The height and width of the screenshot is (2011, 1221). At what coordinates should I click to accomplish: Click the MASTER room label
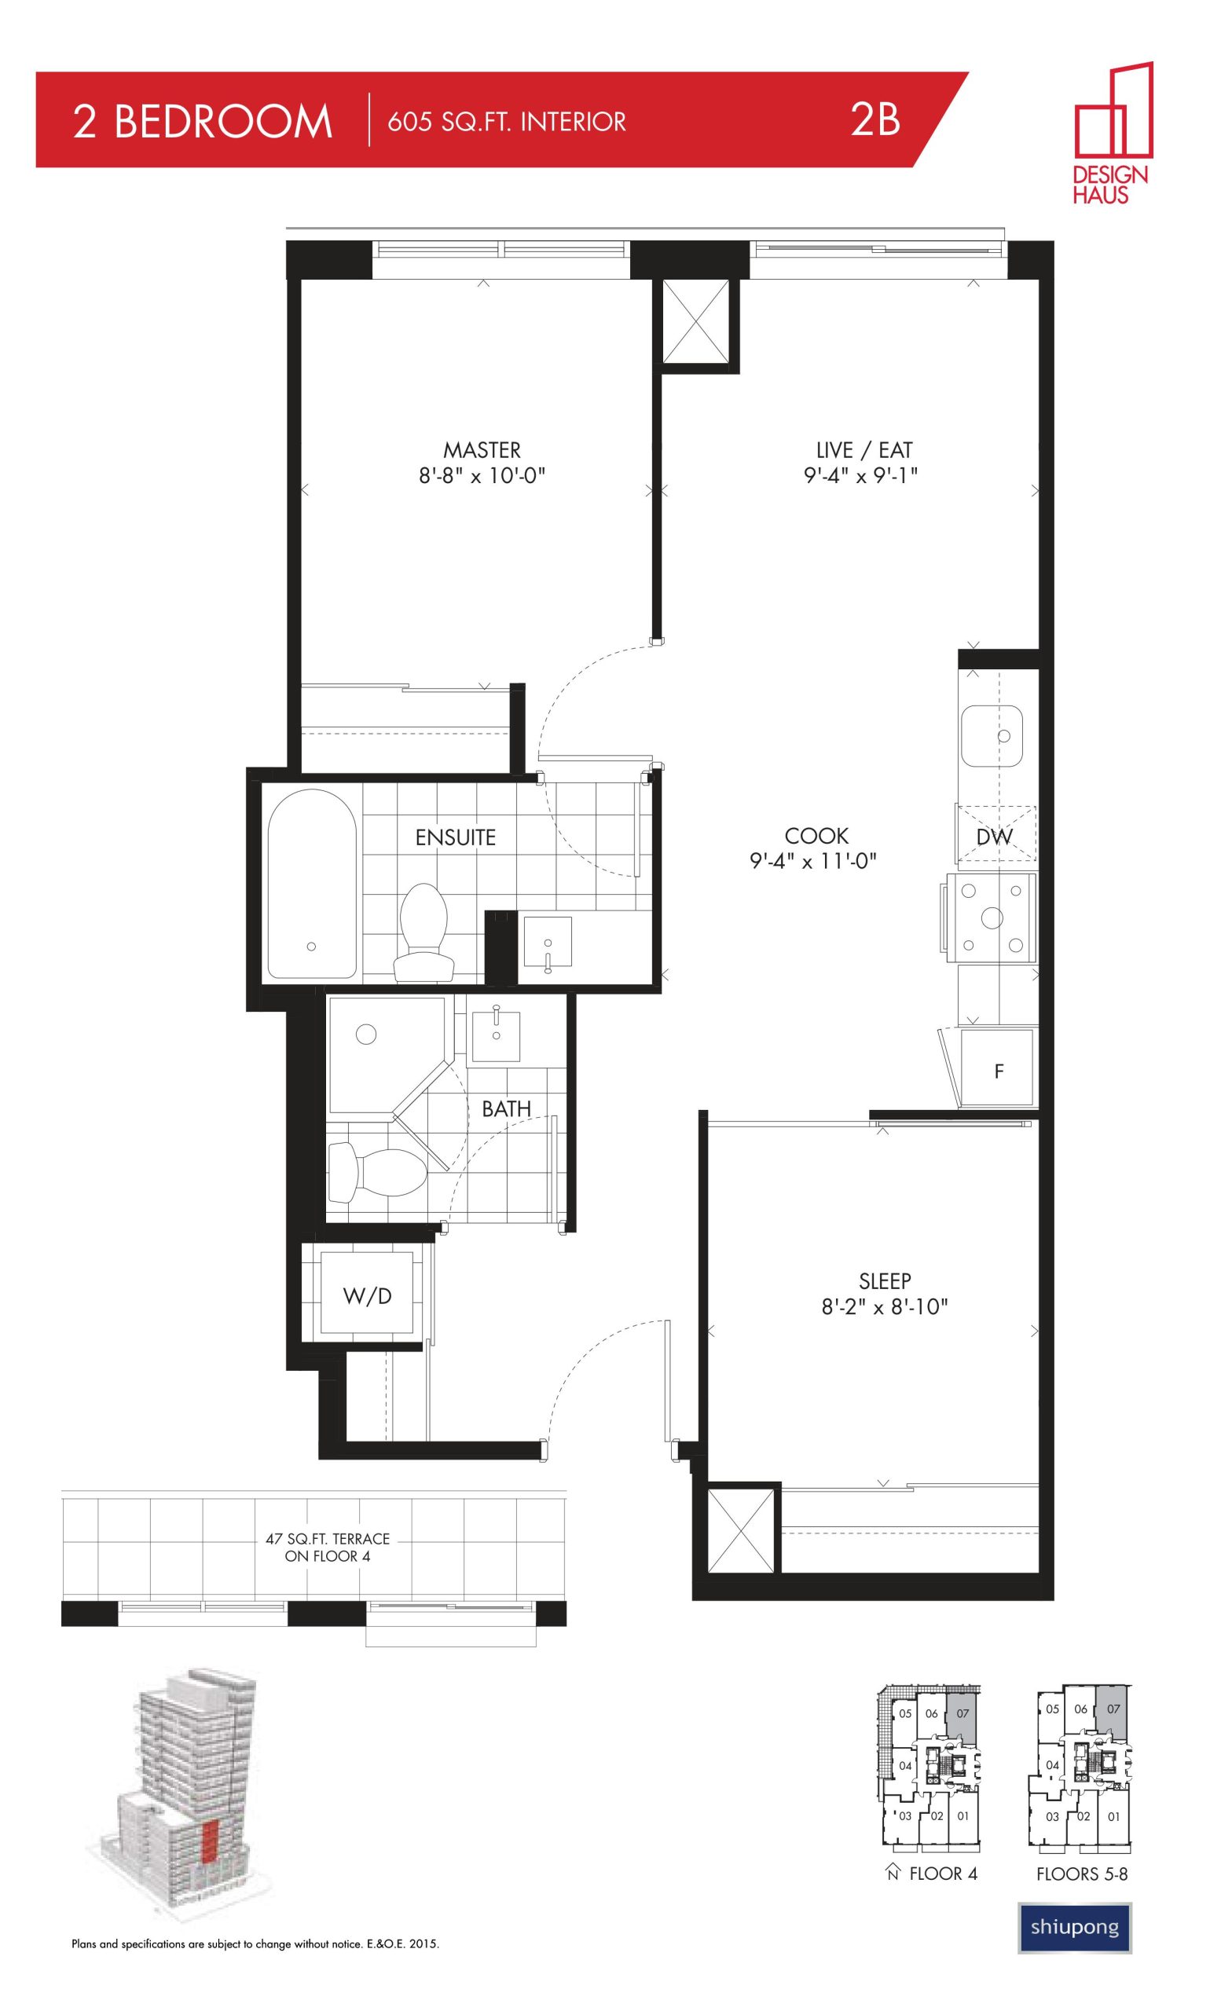(x=482, y=449)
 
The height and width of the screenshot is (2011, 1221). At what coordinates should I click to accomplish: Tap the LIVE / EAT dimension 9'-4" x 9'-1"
(x=861, y=476)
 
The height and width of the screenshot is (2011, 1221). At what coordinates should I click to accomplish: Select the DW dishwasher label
(x=994, y=836)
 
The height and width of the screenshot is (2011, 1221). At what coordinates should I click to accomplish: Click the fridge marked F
(x=996, y=1068)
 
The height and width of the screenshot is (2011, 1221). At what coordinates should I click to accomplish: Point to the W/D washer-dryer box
(x=367, y=1295)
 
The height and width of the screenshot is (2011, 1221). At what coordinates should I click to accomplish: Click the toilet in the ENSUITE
(x=423, y=934)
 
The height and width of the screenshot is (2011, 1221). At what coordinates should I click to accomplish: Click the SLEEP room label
(x=885, y=1281)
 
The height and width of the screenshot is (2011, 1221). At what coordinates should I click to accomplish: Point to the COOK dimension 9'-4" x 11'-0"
(x=813, y=861)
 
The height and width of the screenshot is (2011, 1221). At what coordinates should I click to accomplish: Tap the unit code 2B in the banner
(x=875, y=120)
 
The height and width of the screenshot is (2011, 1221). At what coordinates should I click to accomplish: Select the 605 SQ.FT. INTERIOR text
(x=507, y=123)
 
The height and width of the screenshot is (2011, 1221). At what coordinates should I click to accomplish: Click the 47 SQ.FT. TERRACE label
(x=328, y=1539)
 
